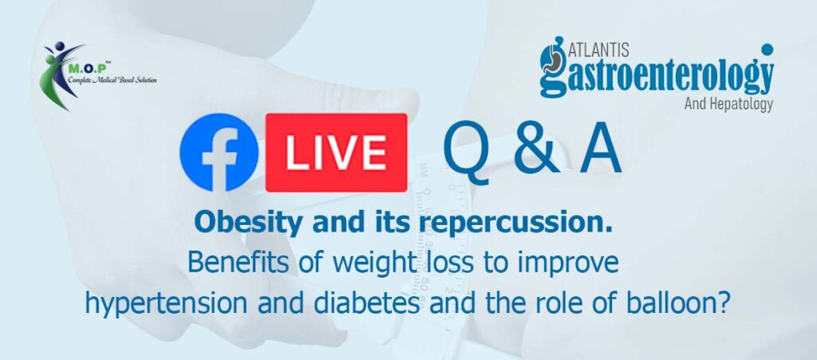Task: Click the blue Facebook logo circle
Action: pyautogui.click(x=219, y=152)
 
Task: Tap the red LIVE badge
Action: pyautogui.click(x=336, y=152)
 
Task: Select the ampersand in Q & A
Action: pyautogui.click(x=538, y=152)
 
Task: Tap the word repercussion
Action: pyautogui.click(x=515, y=224)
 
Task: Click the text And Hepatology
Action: pyautogui.click(x=728, y=105)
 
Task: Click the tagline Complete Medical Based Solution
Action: pyautogui.click(x=112, y=80)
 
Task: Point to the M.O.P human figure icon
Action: pyautogui.click(x=58, y=76)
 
